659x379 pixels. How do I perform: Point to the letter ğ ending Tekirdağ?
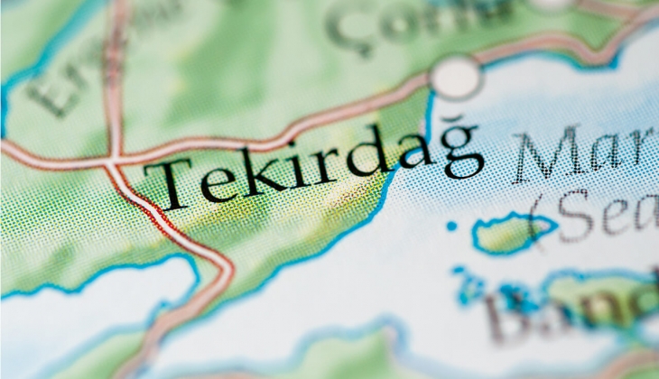pyautogui.click(x=460, y=153)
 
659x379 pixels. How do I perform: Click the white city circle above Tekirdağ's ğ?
pyautogui.click(x=456, y=77)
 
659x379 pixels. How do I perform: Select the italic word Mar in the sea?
pyautogui.click(x=582, y=153)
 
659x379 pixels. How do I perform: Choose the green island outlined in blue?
pyautogui.click(x=510, y=234)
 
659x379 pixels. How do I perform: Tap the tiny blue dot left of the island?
pyautogui.click(x=451, y=226)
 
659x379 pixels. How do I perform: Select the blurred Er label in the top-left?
pyautogui.click(x=54, y=86)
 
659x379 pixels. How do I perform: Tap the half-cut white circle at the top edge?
pyautogui.click(x=551, y=4)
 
